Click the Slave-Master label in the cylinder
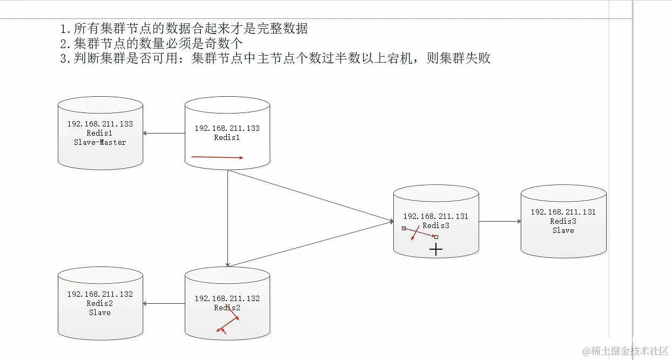point(100,143)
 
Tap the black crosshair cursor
point(436,249)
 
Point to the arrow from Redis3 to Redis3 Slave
point(500,221)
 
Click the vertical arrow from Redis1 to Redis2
point(227,216)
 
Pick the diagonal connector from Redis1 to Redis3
point(311,196)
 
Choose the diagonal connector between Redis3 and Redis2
point(311,243)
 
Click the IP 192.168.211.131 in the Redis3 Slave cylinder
point(563,212)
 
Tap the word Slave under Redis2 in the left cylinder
point(100,312)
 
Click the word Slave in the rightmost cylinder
point(563,230)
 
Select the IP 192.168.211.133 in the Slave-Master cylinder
point(100,124)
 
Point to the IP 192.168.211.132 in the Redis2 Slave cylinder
point(100,294)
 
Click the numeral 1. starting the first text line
point(66,29)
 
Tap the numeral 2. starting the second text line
point(66,43)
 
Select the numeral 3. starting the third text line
point(66,58)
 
